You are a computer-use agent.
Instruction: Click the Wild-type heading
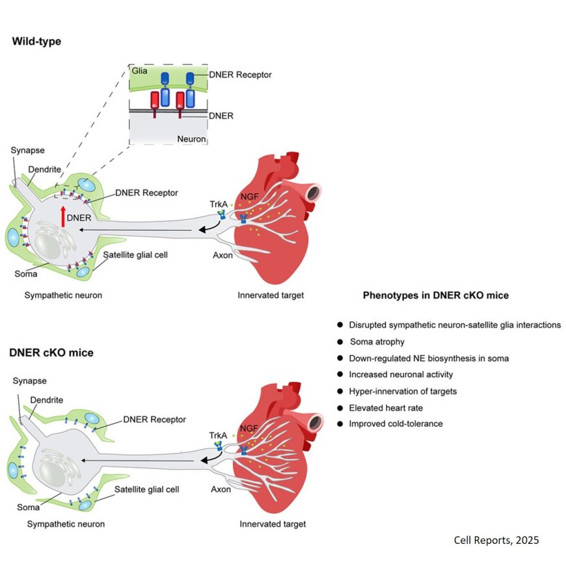[36, 42]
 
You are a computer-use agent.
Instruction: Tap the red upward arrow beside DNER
[62, 215]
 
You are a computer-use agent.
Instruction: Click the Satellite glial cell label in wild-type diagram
[136, 254]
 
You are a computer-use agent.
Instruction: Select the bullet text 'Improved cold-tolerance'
[396, 424]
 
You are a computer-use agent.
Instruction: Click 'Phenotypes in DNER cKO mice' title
[435, 295]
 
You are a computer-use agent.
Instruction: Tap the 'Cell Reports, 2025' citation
[496, 540]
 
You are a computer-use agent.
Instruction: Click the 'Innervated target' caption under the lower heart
[272, 524]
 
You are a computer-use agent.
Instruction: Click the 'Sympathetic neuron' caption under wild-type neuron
[63, 295]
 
